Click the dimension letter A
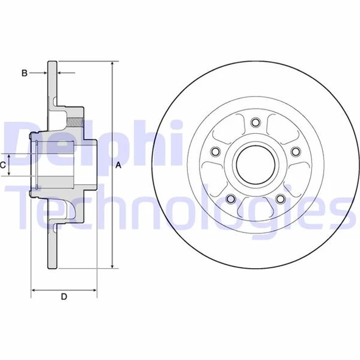pyautogui.click(x=119, y=165)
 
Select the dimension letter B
pyautogui.click(x=25, y=74)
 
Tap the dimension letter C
pyautogui.click(x=4, y=165)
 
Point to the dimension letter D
pyautogui.click(x=63, y=297)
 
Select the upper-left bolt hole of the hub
pyautogui.click(x=214, y=151)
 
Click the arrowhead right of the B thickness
pyautogui.click(x=61, y=74)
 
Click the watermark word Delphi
pyautogui.click(x=91, y=144)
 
